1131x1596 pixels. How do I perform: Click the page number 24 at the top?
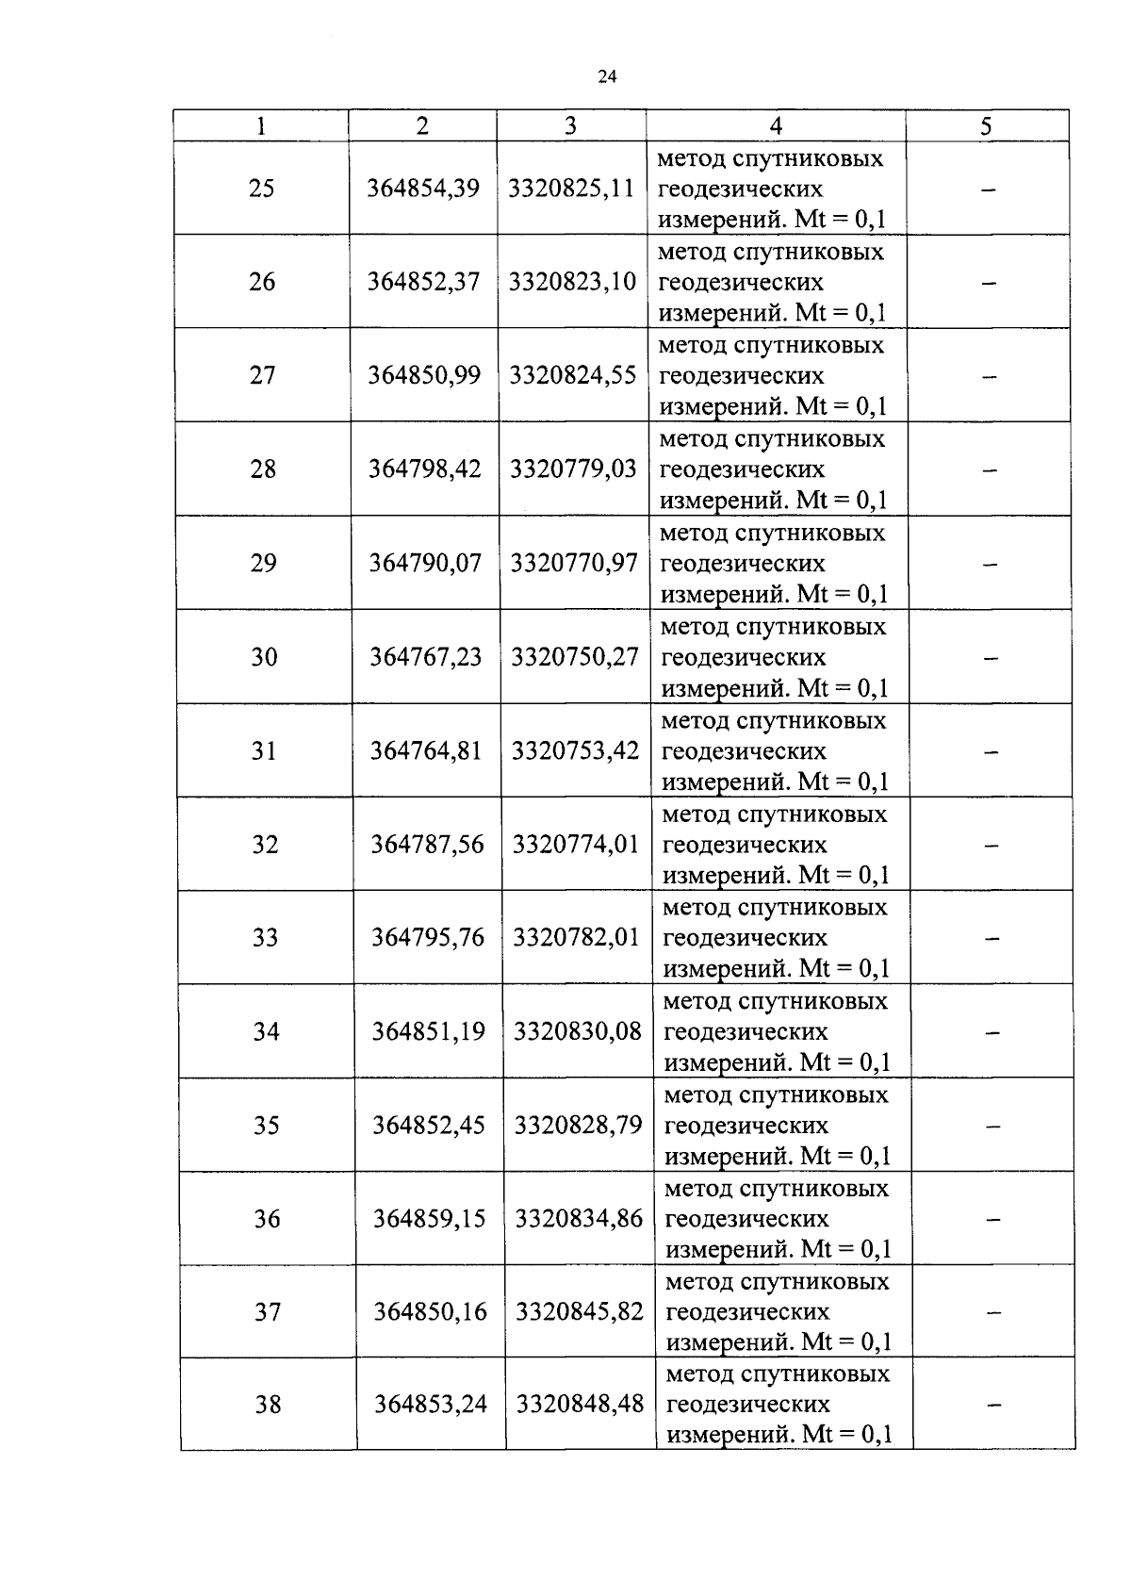coord(607,77)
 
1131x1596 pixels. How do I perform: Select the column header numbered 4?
coord(776,126)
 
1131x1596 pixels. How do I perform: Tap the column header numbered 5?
coord(986,126)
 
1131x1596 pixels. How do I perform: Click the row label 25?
coord(262,189)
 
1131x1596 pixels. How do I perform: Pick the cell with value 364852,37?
coord(423,282)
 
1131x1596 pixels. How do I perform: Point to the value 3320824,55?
coord(573,375)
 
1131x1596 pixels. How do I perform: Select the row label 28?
coord(263,469)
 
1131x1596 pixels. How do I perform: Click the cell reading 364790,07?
coord(425,563)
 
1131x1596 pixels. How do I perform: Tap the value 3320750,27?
coord(575,657)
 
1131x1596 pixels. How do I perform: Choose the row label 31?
coord(264,751)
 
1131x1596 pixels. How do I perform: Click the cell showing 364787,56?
coord(427,845)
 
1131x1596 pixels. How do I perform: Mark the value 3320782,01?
coord(576,938)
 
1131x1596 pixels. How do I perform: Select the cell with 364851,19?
coord(429,1032)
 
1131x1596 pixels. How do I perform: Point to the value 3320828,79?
coord(578,1126)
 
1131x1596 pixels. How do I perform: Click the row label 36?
coord(267,1219)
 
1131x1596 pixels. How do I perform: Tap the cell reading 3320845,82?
coord(580,1312)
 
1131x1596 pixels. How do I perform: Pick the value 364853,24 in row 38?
coord(431,1405)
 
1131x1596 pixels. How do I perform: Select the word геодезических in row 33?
coord(745,938)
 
